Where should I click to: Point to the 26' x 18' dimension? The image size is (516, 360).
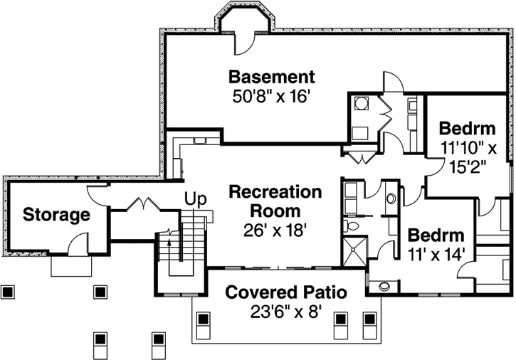(x=275, y=230)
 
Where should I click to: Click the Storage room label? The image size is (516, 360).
(x=56, y=214)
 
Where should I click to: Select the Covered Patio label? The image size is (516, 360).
(x=286, y=292)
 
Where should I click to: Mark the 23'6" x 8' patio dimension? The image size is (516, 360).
(x=286, y=311)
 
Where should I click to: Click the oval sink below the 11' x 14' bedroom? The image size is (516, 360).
(x=385, y=287)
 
